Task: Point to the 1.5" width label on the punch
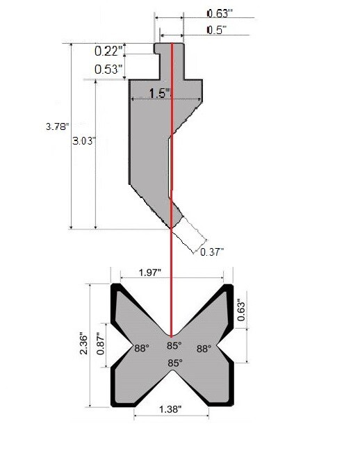pos(159,94)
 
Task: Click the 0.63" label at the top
pos(220,12)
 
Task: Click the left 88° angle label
pos(142,349)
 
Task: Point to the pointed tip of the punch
pos(170,226)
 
